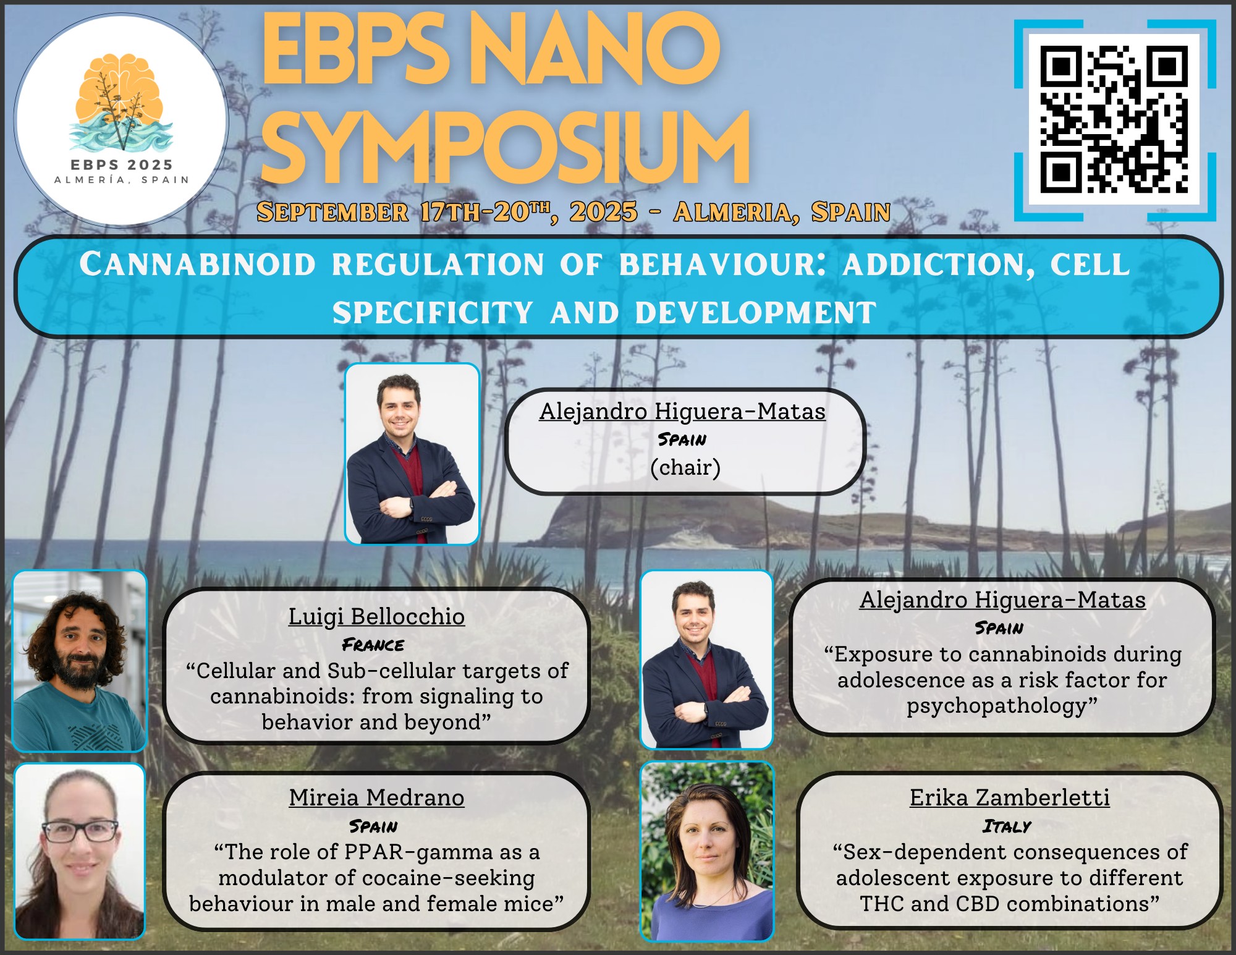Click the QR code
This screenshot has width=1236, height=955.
tap(1114, 120)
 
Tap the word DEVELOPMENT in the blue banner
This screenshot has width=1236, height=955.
tap(755, 313)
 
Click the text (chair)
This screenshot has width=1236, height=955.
tap(685, 467)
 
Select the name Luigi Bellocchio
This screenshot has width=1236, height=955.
tap(376, 616)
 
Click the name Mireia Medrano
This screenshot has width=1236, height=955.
tap(376, 797)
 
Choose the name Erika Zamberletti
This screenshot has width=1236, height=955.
tap(1010, 797)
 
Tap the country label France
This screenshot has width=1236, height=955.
tap(373, 645)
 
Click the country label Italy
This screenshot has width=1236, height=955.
tap(1007, 826)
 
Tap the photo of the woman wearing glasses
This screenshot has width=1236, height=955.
tap(80, 851)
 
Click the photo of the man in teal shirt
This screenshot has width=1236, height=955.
tap(80, 661)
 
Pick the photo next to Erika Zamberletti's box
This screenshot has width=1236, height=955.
tap(707, 851)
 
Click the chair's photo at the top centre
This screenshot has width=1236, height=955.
tap(412, 454)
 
